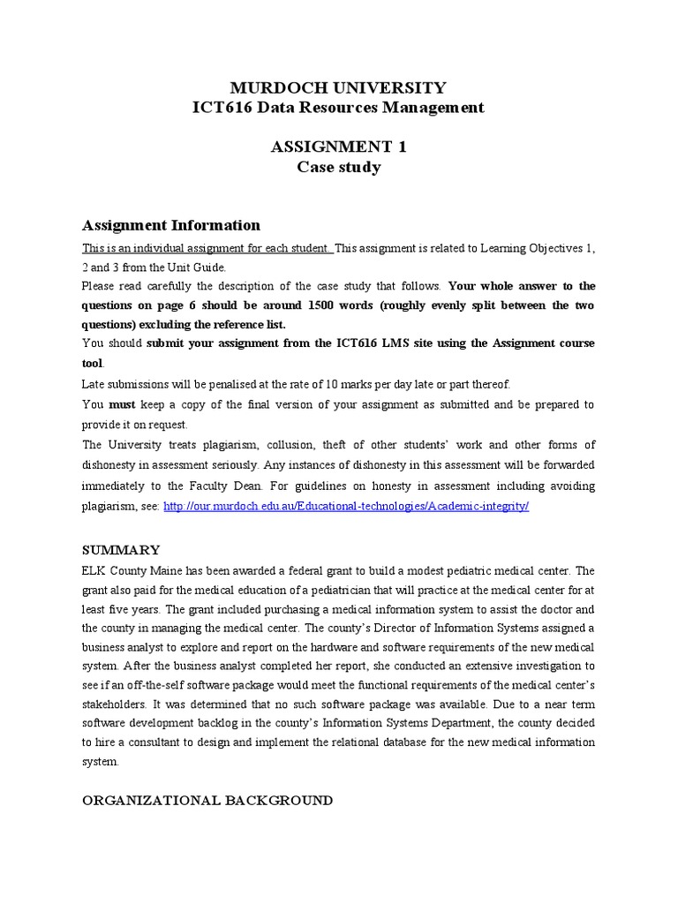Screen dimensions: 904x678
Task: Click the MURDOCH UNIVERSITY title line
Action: tap(338, 87)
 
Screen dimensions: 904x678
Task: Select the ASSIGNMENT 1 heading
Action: tap(338, 147)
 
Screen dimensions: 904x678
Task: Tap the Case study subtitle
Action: tap(338, 167)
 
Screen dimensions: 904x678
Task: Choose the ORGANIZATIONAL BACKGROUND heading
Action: tap(207, 800)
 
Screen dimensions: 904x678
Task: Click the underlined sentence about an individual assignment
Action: tap(206, 248)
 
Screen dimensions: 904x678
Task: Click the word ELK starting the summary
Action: tap(93, 570)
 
